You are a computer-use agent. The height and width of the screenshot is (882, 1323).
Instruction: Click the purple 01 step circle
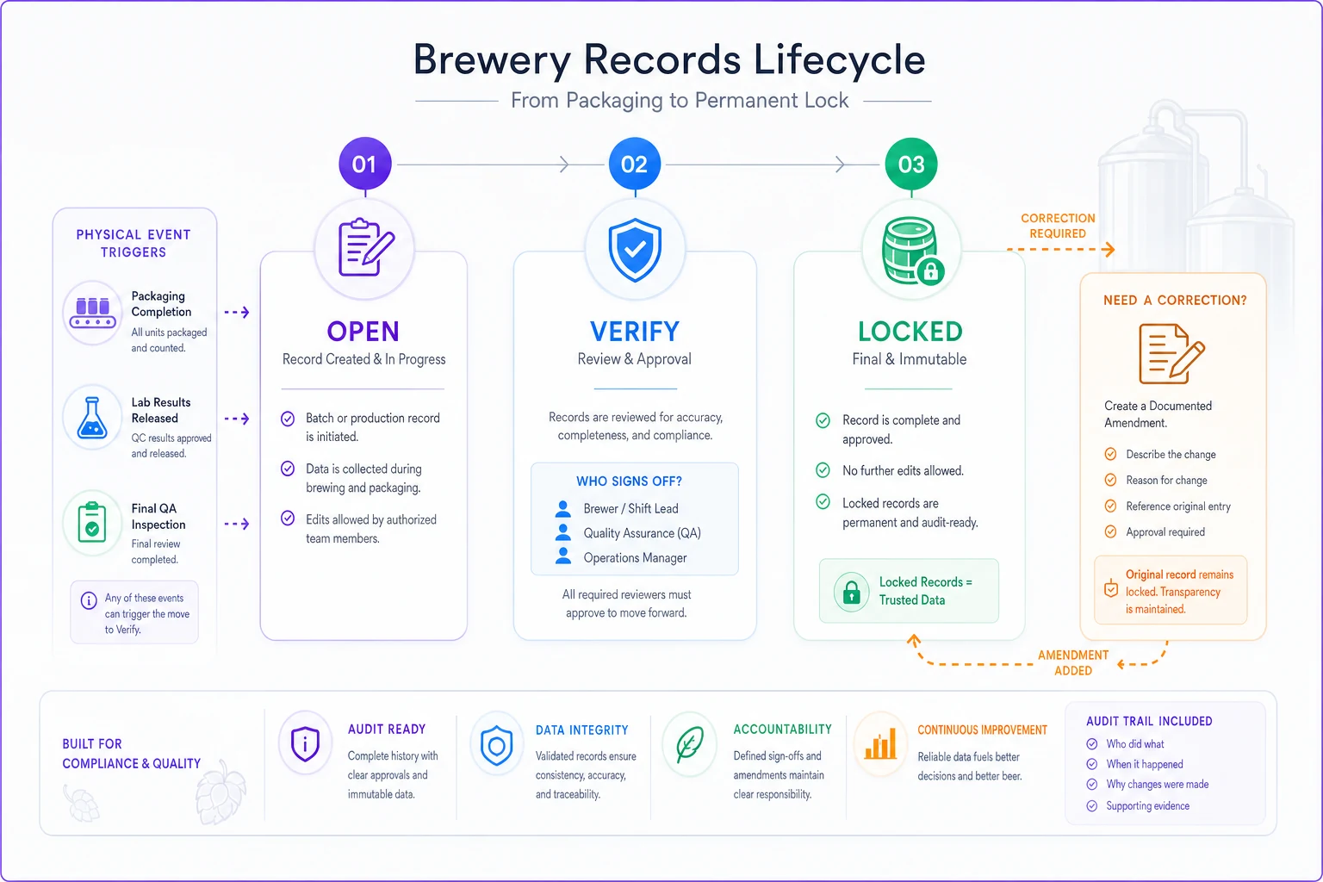click(364, 164)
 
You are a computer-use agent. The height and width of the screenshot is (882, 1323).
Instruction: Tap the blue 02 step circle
click(634, 164)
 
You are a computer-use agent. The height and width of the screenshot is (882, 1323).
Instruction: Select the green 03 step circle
click(910, 164)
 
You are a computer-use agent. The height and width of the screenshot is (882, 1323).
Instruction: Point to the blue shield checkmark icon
click(635, 249)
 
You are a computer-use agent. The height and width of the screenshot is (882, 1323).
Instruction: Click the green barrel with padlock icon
click(912, 251)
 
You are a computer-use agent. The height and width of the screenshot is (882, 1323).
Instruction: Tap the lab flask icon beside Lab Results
click(92, 418)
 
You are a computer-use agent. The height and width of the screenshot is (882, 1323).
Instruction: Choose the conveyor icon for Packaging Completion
click(92, 313)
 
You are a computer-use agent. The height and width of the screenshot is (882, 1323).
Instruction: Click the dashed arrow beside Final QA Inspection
click(237, 524)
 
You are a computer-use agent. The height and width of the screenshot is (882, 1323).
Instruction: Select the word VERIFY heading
click(635, 332)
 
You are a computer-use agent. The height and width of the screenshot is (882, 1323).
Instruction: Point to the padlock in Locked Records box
click(851, 592)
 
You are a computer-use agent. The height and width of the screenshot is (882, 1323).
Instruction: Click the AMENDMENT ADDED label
click(1073, 663)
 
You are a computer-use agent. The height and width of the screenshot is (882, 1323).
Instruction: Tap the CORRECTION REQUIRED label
click(1058, 226)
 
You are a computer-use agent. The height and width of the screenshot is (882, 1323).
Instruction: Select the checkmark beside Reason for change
click(1110, 480)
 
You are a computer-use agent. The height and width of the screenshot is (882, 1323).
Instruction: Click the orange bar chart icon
click(880, 744)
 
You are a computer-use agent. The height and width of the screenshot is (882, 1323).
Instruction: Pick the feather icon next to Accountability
click(689, 744)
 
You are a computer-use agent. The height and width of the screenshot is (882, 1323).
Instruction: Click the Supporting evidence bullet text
click(1147, 806)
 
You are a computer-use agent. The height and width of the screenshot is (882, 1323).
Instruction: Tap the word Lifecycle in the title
click(839, 59)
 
